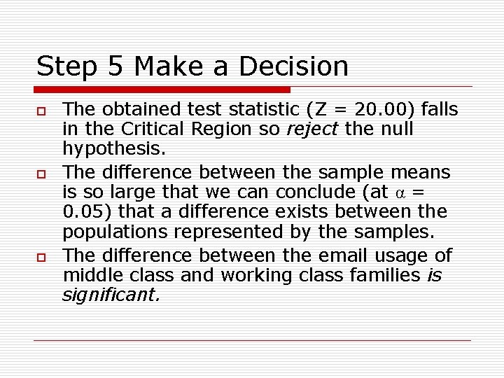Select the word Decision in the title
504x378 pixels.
[x=293, y=66]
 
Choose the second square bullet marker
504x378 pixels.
[x=41, y=173]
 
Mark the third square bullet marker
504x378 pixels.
[x=41, y=257]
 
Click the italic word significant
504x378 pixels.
[x=111, y=296]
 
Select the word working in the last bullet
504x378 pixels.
[x=258, y=275]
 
